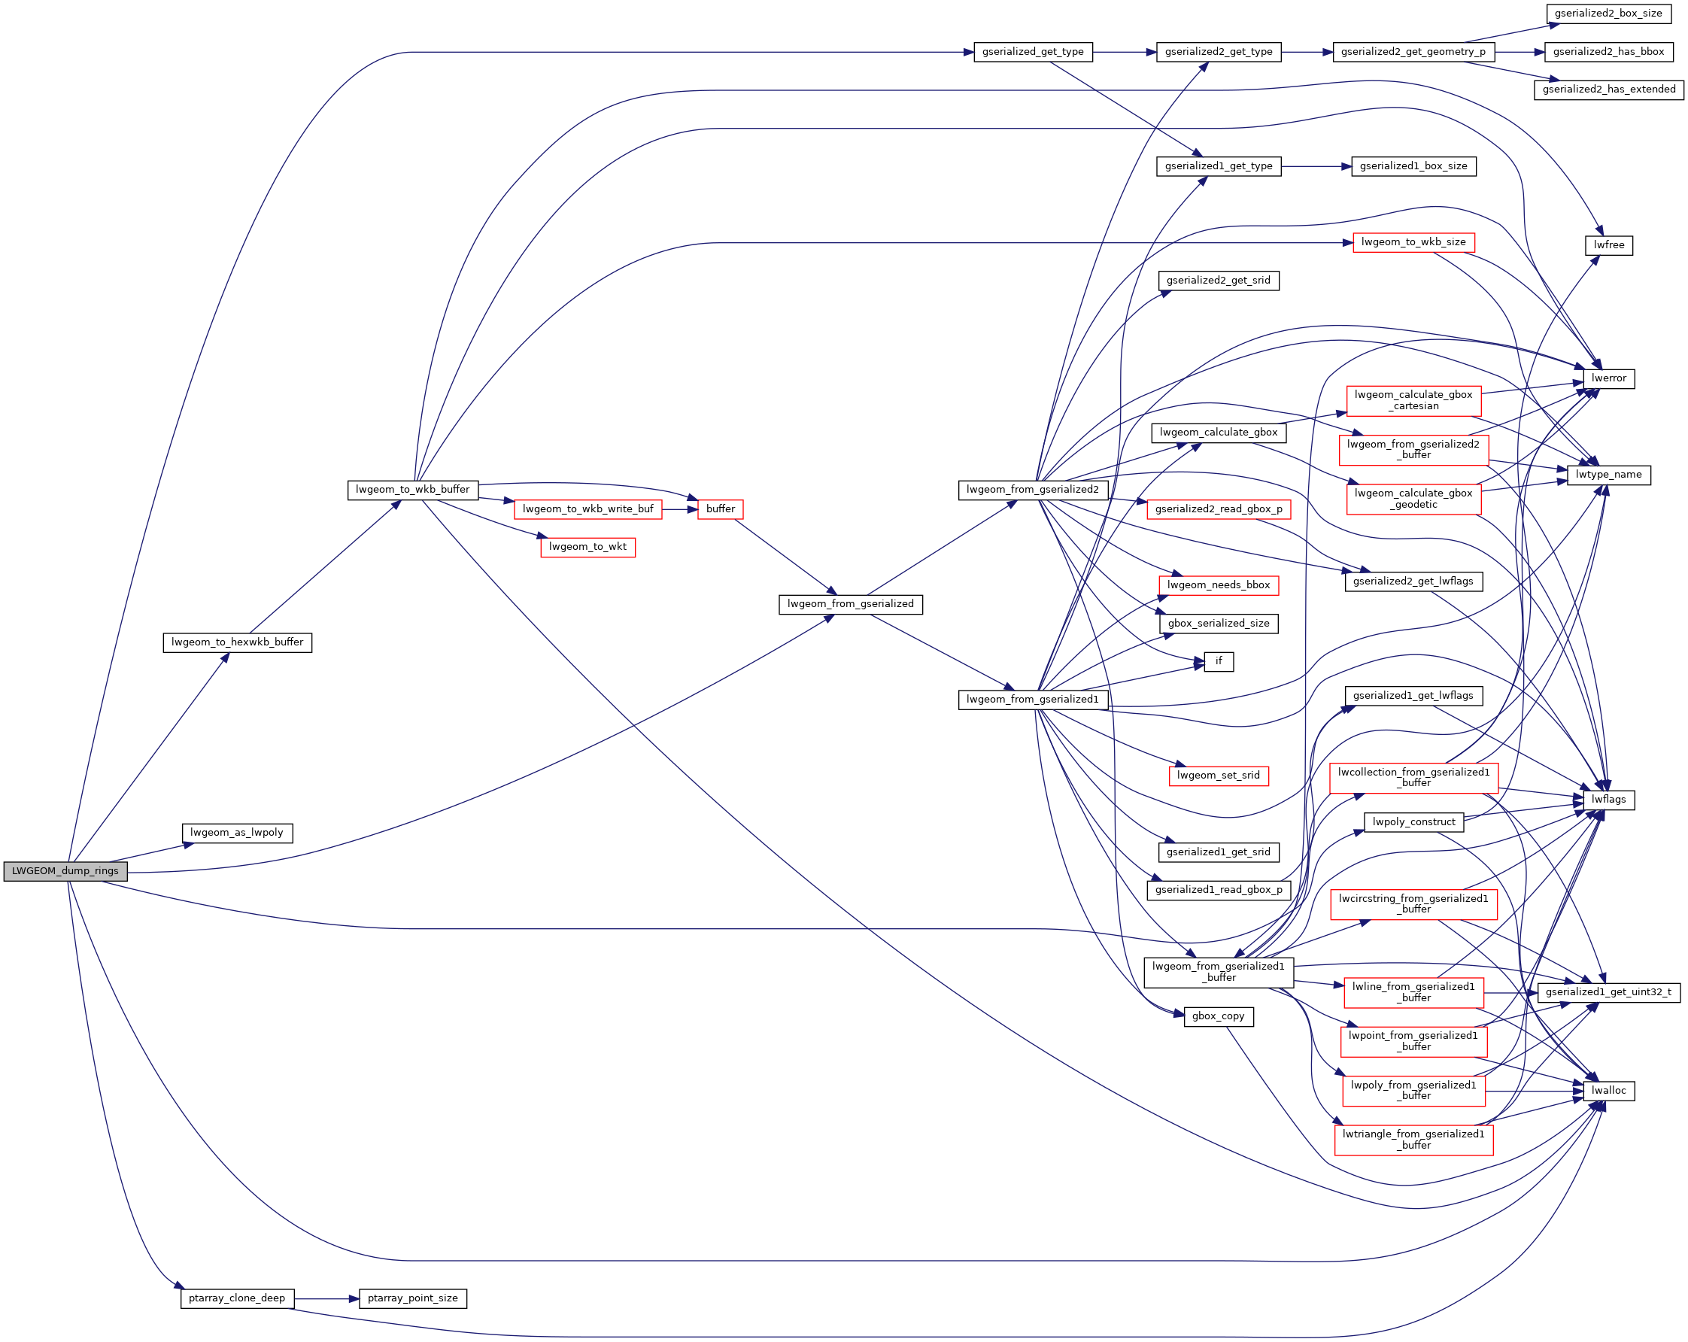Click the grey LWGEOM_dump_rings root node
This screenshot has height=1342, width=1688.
point(65,871)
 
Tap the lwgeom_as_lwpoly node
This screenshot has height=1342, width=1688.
point(237,833)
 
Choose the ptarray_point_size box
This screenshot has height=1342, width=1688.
point(413,1298)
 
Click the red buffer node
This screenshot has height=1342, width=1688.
point(721,510)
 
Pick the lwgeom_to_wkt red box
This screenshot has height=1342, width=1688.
point(587,548)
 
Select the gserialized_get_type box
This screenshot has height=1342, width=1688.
point(1033,53)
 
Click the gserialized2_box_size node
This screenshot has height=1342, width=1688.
point(1608,14)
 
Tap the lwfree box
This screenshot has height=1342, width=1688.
point(1609,246)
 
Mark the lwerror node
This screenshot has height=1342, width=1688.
point(1609,379)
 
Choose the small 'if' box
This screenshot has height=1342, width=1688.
point(1219,662)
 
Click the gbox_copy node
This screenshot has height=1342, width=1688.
point(1219,1016)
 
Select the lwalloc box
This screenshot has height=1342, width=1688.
point(1609,1091)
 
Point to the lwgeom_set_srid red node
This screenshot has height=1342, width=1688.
point(1219,776)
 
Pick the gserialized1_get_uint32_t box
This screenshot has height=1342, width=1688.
point(1609,993)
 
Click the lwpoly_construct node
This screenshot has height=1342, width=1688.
point(1413,822)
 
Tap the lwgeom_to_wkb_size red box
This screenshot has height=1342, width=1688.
point(1413,243)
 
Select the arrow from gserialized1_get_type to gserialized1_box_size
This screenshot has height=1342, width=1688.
point(1316,167)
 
